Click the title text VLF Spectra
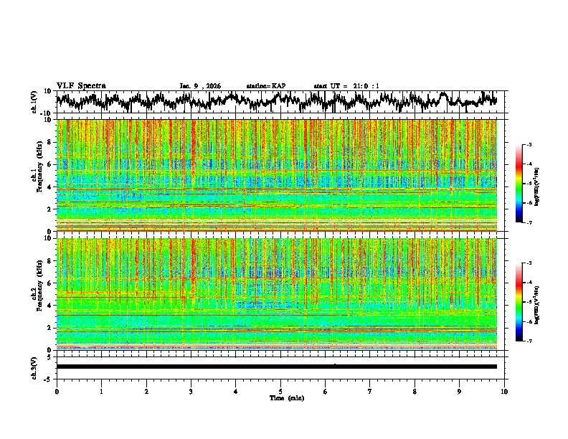(81, 86)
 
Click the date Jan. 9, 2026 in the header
(200, 86)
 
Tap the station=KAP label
(266, 86)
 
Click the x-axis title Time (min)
(286, 397)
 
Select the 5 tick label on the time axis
(280, 391)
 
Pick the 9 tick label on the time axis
(460, 391)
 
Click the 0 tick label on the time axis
(57, 391)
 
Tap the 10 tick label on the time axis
(504, 391)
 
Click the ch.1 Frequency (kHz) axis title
(37, 176)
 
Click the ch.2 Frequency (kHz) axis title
(37, 294)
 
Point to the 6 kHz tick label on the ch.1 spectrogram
(49, 164)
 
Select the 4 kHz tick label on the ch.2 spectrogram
(49, 305)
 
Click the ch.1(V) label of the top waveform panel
(34, 102)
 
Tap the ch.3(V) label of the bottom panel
(34, 367)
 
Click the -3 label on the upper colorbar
(531, 145)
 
